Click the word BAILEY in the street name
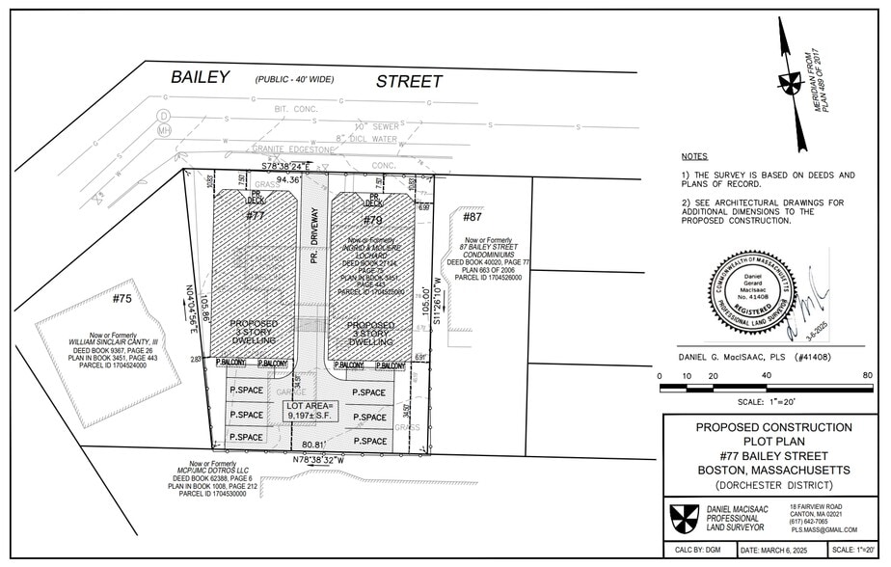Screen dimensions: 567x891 (200, 78)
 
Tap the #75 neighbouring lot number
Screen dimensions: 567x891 (121, 299)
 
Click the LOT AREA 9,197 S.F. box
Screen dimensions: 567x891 (310, 411)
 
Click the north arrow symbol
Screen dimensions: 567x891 (792, 83)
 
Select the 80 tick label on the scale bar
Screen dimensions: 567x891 (867, 375)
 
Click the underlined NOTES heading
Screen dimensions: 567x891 (693, 156)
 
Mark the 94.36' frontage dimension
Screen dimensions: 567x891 (288, 178)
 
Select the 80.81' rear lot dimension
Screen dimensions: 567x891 (318, 445)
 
